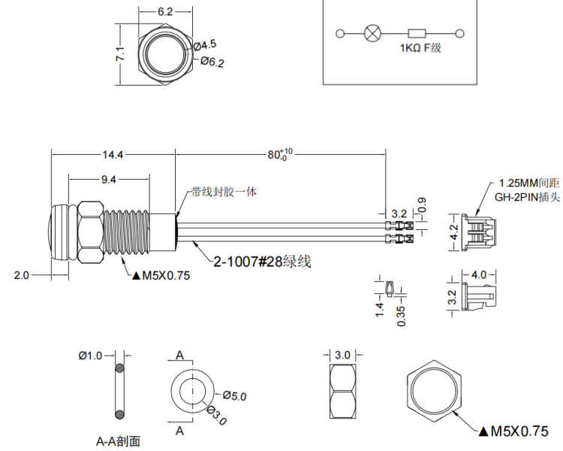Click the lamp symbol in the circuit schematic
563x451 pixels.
pyautogui.click(x=371, y=33)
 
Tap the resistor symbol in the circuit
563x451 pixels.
pyautogui.click(x=417, y=33)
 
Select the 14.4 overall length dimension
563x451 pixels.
pyautogui.click(x=113, y=154)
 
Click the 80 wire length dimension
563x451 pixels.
pyautogui.click(x=280, y=155)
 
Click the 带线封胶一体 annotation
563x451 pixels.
pyautogui.click(x=224, y=192)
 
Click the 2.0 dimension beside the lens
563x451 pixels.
pyautogui.click(x=21, y=275)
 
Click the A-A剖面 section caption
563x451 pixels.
pyautogui.click(x=119, y=441)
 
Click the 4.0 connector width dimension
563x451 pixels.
pyautogui.click(x=479, y=275)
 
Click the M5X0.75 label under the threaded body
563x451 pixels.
pyautogui.click(x=161, y=275)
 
